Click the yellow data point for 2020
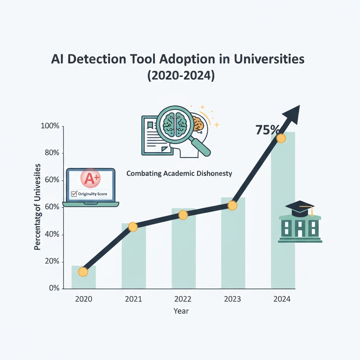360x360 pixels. [x=83, y=272]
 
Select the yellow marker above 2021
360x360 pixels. [x=133, y=227]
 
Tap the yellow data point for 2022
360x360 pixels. [x=183, y=215]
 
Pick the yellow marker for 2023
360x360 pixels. [x=232, y=206]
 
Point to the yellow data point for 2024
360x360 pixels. [x=281, y=139]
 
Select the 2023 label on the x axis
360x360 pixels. [x=232, y=299]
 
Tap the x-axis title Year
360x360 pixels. [x=181, y=311]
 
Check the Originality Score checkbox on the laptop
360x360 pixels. [x=74, y=194]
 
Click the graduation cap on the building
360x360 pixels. [x=300, y=208]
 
